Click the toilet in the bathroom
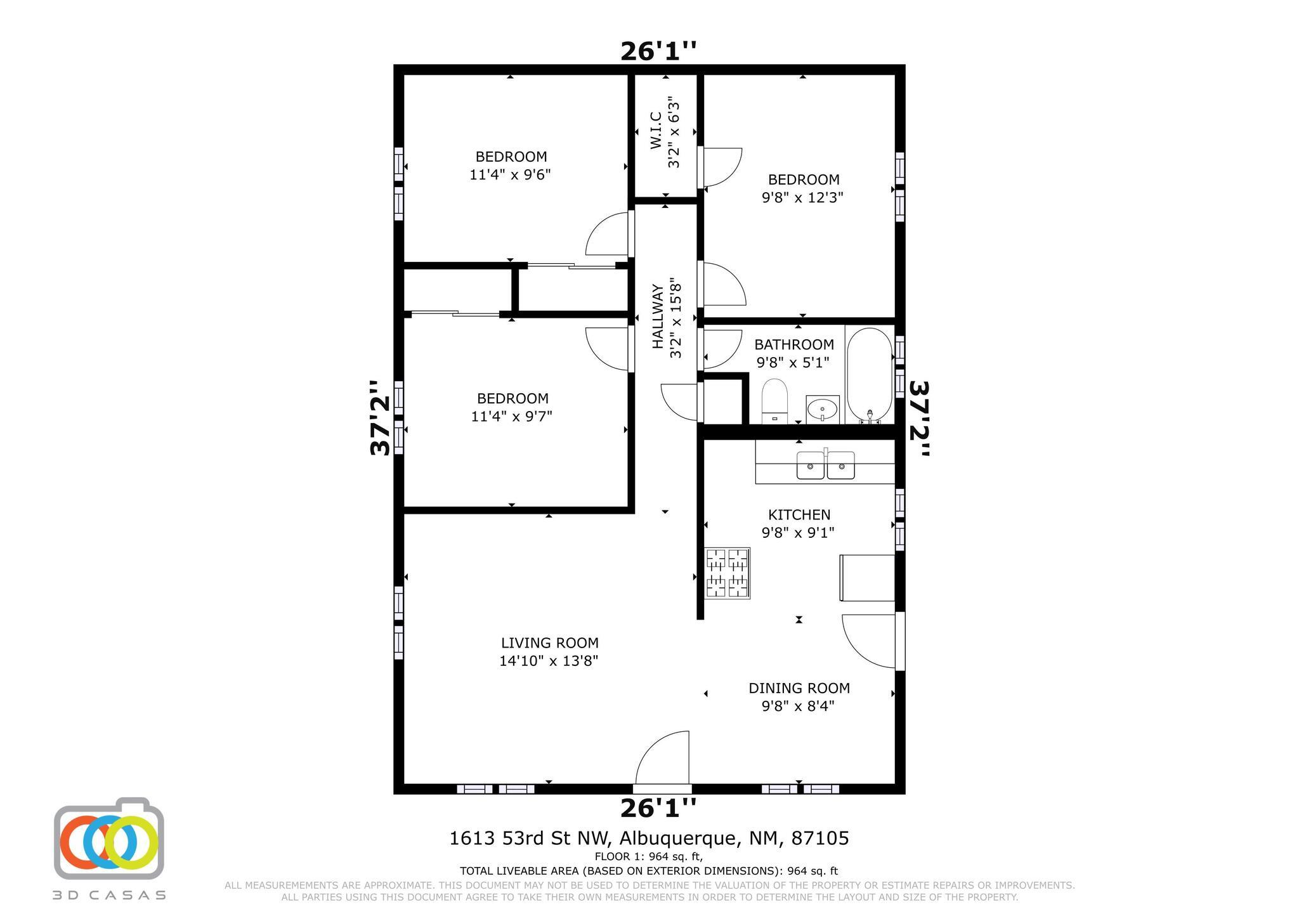click(774, 401)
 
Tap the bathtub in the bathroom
click(869, 375)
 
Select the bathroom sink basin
click(823, 409)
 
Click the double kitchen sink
click(825, 465)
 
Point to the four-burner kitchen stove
click(728, 573)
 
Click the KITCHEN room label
click(799, 515)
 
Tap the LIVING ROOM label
click(550, 643)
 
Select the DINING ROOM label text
click(799, 688)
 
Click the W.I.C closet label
click(656, 131)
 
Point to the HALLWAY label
click(658, 316)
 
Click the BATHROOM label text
click(794, 344)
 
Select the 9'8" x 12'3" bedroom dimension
click(802, 197)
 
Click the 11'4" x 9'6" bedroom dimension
click(510, 174)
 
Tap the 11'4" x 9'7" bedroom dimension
click(512, 417)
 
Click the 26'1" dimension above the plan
click(658, 51)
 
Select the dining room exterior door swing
click(869, 641)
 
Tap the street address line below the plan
click(649, 838)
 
